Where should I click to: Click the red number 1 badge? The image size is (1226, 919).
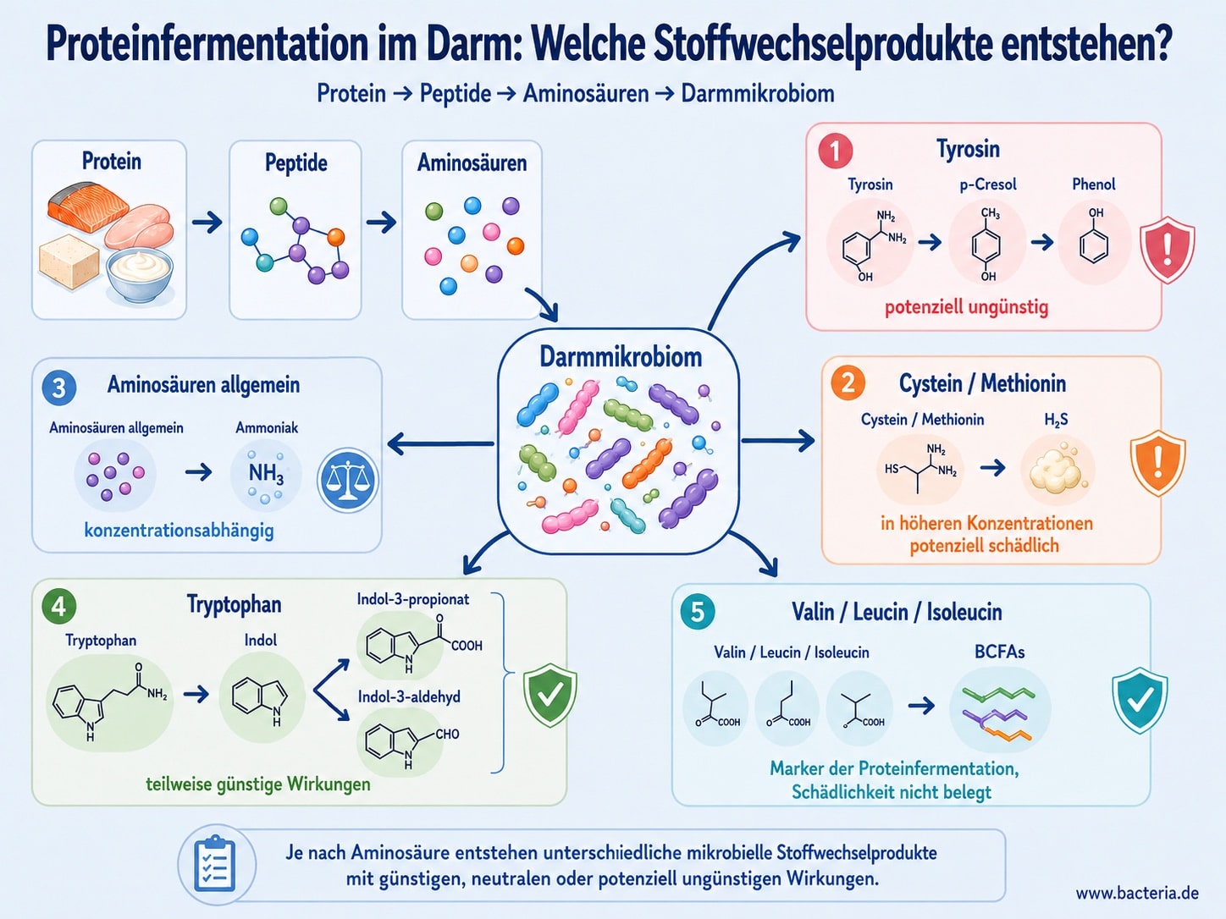tap(835, 151)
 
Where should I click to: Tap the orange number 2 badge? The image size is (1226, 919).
tap(848, 384)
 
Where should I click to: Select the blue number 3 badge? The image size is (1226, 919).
tap(58, 388)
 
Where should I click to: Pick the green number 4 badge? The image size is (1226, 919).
tap(58, 607)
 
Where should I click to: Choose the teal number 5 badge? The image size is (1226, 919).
tap(698, 612)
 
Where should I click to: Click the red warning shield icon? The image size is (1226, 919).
tap(1167, 250)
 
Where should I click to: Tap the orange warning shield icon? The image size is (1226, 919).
tap(1158, 463)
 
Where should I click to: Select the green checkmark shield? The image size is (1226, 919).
tap(549, 696)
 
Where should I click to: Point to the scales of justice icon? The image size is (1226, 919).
tap(347, 481)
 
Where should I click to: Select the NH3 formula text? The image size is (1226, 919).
tap(266, 474)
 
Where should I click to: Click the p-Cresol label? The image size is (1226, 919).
tap(988, 184)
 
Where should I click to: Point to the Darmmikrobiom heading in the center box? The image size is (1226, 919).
tap(621, 357)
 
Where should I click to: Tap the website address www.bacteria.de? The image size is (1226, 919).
tap(1137, 894)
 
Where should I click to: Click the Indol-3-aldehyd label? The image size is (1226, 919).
tap(409, 697)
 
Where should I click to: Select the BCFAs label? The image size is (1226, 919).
tap(999, 652)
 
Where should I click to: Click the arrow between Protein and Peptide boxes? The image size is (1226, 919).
tap(207, 223)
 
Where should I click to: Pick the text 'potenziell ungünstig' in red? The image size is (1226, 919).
tap(966, 307)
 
